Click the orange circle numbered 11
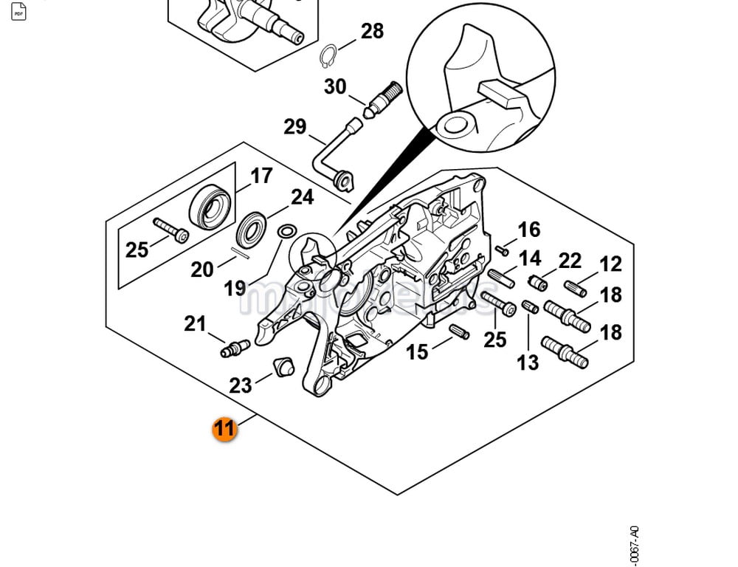click(224, 429)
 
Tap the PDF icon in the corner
click(18, 12)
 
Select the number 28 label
click(372, 31)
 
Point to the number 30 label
click(335, 87)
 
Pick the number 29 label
click(295, 127)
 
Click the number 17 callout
click(261, 176)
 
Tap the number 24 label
click(302, 197)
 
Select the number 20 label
click(202, 270)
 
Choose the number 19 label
click(235, 288)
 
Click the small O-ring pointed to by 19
click(285, 233)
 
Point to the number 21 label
click(195, 323)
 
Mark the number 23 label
click(241, 385)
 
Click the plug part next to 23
click(283, 366)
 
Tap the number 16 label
click(529, 230)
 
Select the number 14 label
click(530, 258)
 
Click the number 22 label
click(570, 261)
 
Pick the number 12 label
click(610, 264)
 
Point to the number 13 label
click(528, 362)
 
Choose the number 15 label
click(417, 352)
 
